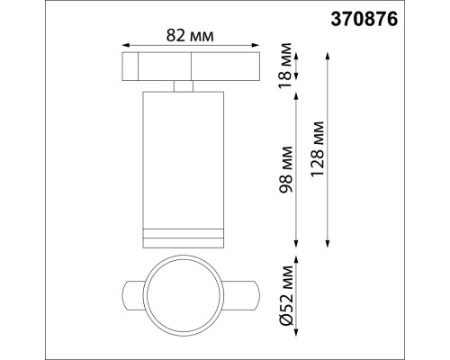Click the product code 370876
click(407, 15)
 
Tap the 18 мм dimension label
click(287, 66)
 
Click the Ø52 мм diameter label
click(287, 296)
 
